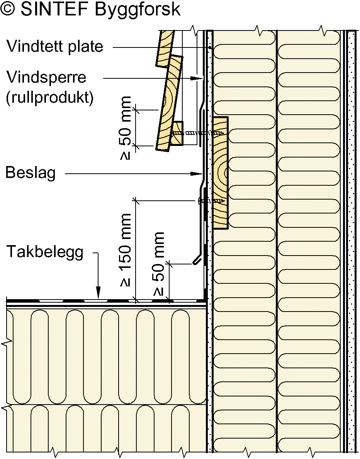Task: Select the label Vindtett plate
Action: coord(55,47)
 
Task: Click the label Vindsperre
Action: coord(46,78)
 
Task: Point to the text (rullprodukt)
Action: coord(50,98)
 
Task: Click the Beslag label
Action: coord(31,173)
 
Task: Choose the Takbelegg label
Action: coord(45,252)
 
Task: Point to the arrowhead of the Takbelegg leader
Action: coord(98,295)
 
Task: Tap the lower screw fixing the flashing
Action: coord(211,201)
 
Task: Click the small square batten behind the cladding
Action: coord(177,134)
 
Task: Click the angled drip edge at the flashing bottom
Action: coord(197,260)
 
